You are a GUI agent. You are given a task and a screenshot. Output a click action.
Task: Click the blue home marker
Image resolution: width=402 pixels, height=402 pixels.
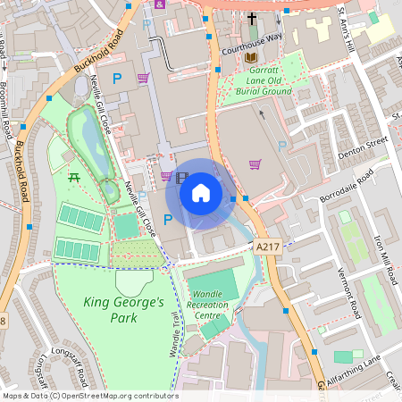click(201, 193)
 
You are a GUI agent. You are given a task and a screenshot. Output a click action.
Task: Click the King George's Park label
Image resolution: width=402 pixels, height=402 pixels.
click(124, 309)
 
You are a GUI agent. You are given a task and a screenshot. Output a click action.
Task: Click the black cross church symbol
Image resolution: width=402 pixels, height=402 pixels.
click(252, 18)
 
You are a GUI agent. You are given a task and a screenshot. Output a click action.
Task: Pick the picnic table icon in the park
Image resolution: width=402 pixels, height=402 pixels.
click(74, 176)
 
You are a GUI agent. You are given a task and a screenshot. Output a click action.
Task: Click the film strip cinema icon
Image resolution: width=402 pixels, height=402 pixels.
click(182, 177)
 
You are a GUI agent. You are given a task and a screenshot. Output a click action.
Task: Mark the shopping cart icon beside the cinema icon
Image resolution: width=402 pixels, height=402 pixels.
click(166, 176)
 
